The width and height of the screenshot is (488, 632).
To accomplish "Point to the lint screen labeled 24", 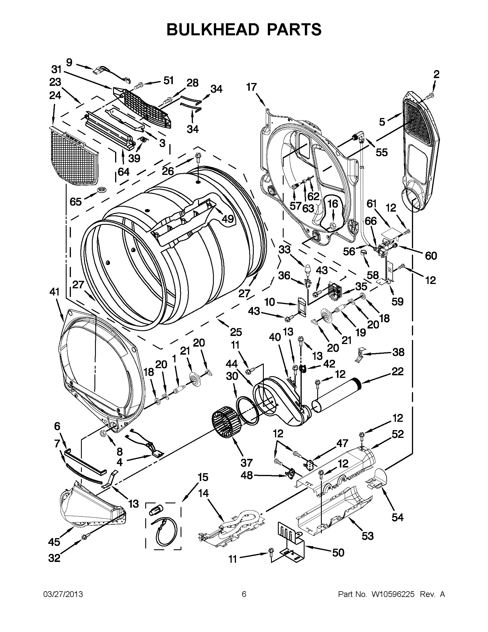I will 75,156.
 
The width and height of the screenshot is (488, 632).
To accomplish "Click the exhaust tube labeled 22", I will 337,397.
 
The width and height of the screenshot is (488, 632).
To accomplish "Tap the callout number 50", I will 338,552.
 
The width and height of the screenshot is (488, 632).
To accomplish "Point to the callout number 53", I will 367,536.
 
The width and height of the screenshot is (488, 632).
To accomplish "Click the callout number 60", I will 431,256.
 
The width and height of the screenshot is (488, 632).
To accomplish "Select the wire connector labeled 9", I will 98,70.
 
